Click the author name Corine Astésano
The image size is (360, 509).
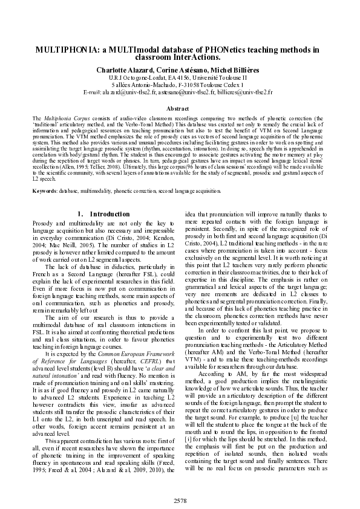point(180,70)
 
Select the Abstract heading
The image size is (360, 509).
point(180,108)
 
